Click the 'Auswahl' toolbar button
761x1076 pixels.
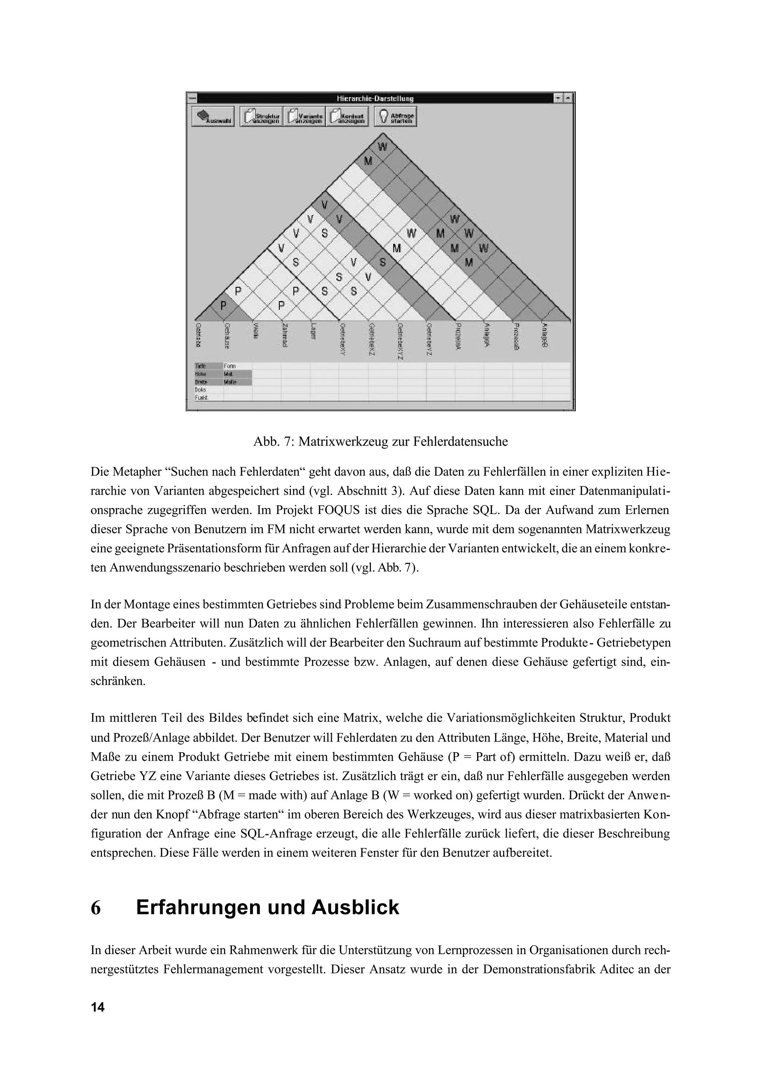click(x=213, y=117)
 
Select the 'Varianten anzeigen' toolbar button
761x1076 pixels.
click(x=305, y=117)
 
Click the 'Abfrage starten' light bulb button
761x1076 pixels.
click(x=395, y=117)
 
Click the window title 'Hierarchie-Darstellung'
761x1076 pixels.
click(x=375, y=98)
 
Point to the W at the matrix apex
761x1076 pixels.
click(x=383, y=147)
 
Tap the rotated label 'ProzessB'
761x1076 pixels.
click(x=515, y=335)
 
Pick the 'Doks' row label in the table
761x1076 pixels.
click(x=200, y=389)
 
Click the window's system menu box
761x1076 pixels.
click(x=192, y=98)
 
